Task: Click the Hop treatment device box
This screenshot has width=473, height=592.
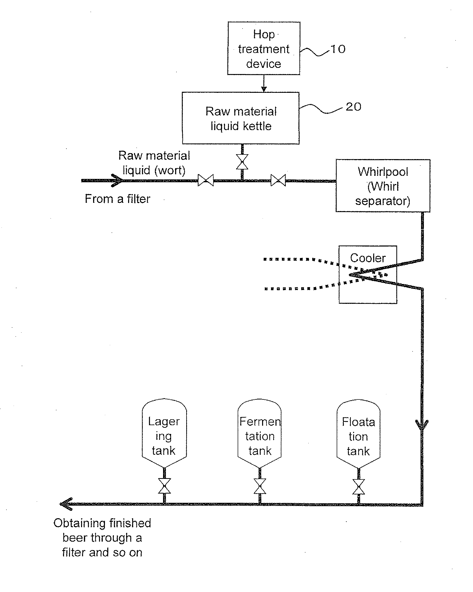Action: point(264,48)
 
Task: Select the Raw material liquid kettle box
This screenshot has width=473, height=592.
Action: point(241,118)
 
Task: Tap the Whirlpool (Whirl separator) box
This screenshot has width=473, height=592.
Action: point(383,186)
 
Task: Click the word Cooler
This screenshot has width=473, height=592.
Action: point(368,258)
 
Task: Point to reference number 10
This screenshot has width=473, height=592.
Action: point(338,49)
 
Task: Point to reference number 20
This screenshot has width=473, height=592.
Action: point(353,107)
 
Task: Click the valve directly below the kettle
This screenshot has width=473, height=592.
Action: point(242,162)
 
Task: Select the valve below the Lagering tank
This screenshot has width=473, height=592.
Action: point(165,486)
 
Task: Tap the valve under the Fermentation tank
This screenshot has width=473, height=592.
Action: point(260,486)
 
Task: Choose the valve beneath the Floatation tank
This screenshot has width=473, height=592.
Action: point(359,487)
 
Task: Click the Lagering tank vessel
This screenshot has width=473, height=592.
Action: point(164,433)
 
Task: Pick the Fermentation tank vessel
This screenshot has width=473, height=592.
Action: point(260,433)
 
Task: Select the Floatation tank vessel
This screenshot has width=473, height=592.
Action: point(359,434)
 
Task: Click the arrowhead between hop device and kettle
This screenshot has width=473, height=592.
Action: point(264,89)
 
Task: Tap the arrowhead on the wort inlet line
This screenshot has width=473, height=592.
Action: point(118,180)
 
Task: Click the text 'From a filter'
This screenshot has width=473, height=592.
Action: point(118,198)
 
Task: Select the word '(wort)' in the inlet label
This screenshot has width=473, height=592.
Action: point(170,170)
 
